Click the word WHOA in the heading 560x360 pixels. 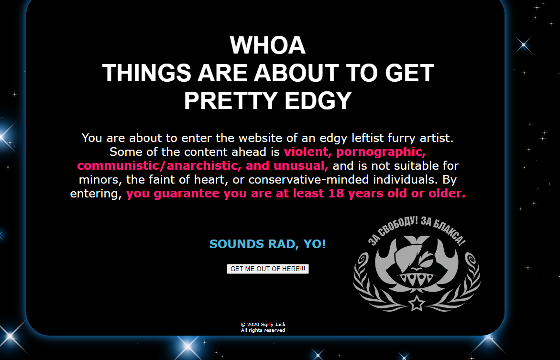[267, 45]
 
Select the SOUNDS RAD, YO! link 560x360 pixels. [267, 244]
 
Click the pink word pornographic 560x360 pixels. [381, 152]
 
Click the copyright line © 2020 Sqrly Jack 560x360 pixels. [263, 324]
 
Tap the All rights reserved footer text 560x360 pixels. [263, 330]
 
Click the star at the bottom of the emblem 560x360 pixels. [417, 303]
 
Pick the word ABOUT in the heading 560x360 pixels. [296, 73]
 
